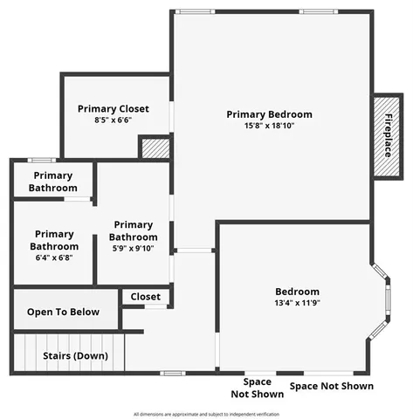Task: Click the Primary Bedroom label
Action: click(269, 114)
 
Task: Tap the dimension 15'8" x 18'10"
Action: click(269, 127)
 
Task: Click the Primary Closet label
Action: click(113, 109)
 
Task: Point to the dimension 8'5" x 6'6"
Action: click(113, 120)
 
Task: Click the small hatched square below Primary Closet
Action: click(154, 147)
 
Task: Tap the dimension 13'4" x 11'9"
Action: click(297, 304)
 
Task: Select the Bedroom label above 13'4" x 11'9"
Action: click(297, 292)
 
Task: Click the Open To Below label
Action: click(63, 312)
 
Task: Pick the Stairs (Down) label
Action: click(76, 356)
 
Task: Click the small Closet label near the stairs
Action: click(146, 297)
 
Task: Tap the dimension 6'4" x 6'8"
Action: click(54, 258)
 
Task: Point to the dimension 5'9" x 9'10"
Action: click(134, 249)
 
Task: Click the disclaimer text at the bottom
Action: click(206, 414)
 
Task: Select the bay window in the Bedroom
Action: click(382, 301)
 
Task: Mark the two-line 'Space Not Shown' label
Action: click(251, 388)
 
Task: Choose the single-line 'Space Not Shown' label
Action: click(331, 386)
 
